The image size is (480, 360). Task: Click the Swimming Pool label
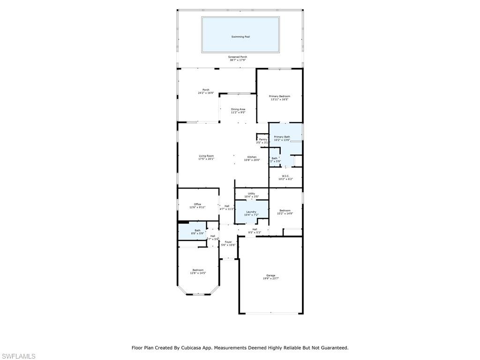point(240,37)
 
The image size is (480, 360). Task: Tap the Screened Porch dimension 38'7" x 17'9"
point(238,60)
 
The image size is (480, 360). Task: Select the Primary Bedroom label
point(279,96)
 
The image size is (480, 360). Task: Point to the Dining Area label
point(238,109)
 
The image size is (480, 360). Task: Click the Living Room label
point(206,156)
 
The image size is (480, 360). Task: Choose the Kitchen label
point(252,157)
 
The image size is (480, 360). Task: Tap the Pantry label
point(262,139)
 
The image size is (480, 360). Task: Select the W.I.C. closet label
point(285,176)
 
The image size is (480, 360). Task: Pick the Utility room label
point(251,194)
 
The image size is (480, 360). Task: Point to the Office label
point(198,204)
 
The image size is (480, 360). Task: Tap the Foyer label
point(228,242)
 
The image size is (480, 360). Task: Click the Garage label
point(270,275)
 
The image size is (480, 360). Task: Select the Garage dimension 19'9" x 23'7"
point(270,278)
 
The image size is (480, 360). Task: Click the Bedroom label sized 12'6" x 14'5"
point(197,270)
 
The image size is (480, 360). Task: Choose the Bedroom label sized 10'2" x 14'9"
point(285,210)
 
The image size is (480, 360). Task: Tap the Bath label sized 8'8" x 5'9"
point(197,230)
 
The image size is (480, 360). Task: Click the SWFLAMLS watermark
point(18,356)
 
